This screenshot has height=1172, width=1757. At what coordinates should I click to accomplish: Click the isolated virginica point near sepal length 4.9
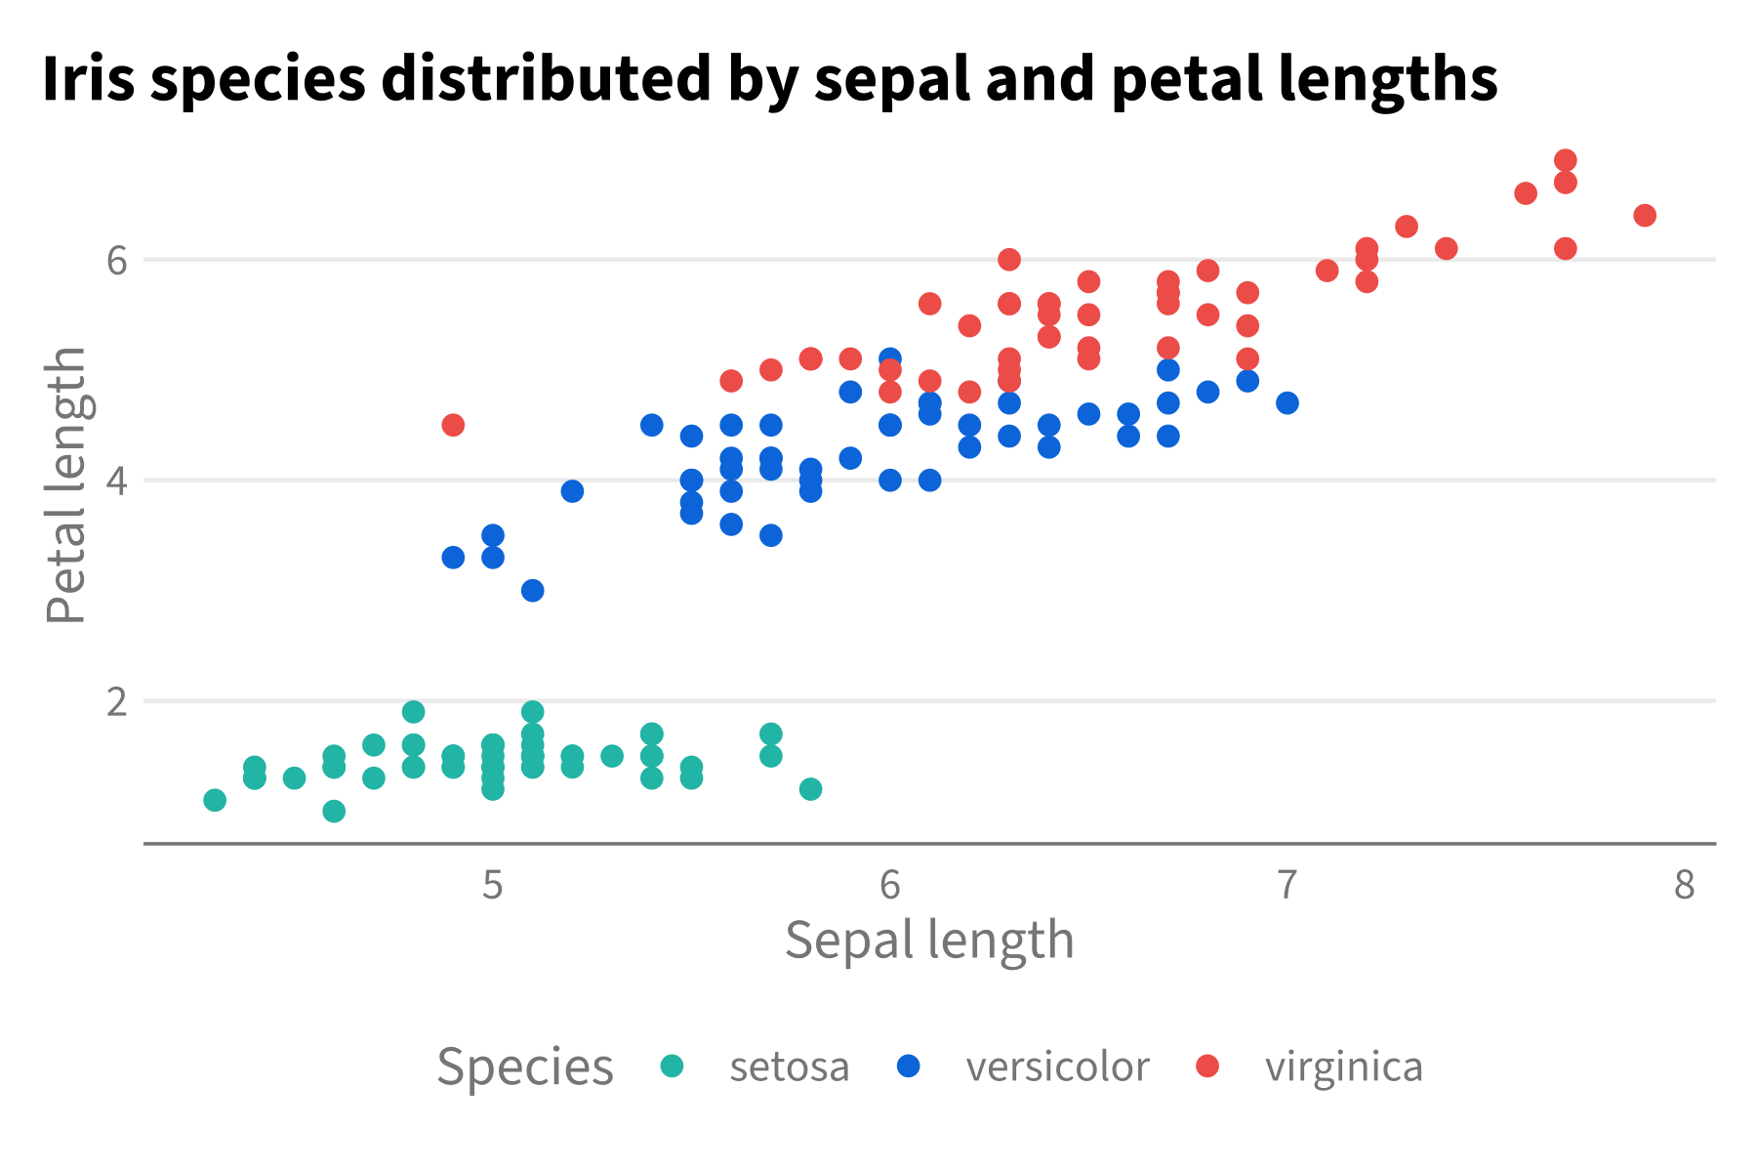pyautogui.click(x=453, y=425)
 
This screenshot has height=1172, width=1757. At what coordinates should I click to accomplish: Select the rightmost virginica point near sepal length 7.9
pyautogui.click(x=1645, y=216)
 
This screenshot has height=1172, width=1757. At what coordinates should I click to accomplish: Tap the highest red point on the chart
pyautogui.click(x=1566, y=160)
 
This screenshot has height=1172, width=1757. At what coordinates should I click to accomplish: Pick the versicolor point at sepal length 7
pyautogui.click(x=1287, y=402)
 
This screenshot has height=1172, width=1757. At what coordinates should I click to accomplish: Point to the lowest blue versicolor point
pyautogui.click(x=533, y=590)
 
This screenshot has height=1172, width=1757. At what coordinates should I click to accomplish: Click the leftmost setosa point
pyautogui.click(x=215, y=800)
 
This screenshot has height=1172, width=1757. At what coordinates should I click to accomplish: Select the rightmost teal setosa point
pyautogui.click(x=810, y=788)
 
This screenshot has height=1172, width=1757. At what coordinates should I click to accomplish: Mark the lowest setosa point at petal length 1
pyautogui.click(x=334, y=811)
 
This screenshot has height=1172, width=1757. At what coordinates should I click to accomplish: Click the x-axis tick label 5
pyautogui.click(x=493, y=885)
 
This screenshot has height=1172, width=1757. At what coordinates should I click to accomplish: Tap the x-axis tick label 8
pyautogui.click(x=1685, y=885)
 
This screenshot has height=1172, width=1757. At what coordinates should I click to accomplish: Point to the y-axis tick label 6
pyautogui.click(x=117, y=260)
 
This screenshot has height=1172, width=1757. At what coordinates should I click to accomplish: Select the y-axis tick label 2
pyautogui.click(x=117, y=701)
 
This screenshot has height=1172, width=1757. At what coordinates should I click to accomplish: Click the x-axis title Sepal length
pyautogui.click(x=929, y=940)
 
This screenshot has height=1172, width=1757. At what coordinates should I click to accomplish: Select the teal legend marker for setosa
pyautogui.click(x=673, y=1066)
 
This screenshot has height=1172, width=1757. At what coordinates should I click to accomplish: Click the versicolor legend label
pyautogui.click(x=1058, y=1067)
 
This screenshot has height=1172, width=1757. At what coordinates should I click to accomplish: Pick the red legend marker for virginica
pyautogui.click(x=1208, y=1066)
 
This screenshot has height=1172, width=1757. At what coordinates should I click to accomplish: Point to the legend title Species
pyautogui.click(x=525, y=1067)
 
